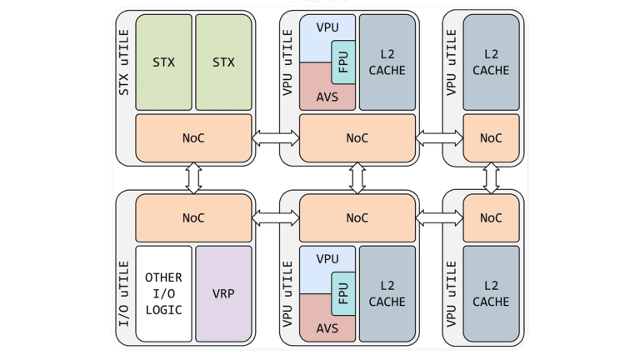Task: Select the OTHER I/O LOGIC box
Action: click(163, 293)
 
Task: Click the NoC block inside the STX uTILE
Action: click(193, 137)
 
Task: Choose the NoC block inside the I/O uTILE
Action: click(193, 217)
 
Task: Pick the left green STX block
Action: click(163, 62)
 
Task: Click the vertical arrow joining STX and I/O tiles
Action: click(193, 177)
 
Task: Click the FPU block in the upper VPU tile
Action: click(343, 61)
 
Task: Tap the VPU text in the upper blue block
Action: click(328, 27)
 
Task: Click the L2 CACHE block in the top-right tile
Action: click(491, 62)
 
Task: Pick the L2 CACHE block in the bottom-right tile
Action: click(491, 293)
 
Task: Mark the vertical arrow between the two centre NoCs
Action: click(357, 177)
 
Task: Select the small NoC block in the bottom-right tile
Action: click(491, 217)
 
